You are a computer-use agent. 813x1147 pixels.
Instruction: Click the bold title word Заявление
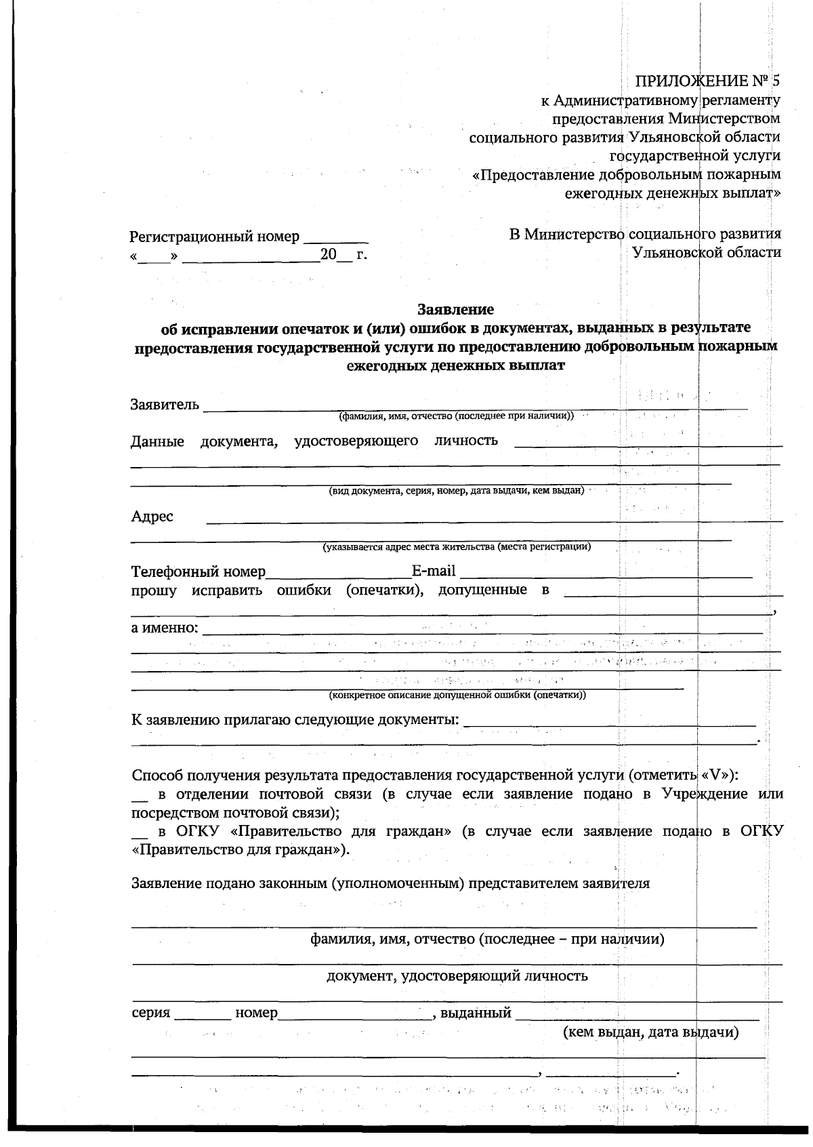455,310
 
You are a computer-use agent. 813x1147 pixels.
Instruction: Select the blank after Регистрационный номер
336,238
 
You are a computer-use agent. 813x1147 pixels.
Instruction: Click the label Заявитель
165,405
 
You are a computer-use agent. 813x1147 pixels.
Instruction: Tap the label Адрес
152,517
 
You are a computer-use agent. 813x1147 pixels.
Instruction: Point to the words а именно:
165,627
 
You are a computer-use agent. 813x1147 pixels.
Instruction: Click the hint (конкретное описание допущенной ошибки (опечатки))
457,695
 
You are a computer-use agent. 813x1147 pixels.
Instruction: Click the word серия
150,1013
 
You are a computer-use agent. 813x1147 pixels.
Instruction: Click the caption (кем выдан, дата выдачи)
650,1032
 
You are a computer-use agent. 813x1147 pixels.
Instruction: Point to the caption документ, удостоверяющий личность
457,976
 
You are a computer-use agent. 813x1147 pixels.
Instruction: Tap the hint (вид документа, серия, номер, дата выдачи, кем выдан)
456,490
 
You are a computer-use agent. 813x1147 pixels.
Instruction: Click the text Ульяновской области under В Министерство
706,252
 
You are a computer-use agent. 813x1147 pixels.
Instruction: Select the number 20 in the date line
328,256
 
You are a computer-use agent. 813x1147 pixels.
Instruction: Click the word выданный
476,1013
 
